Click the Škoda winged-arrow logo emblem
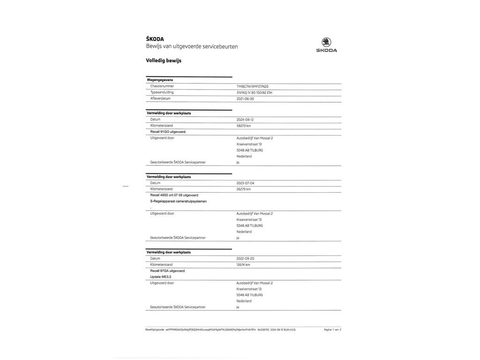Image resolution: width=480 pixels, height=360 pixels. tap(326, 42)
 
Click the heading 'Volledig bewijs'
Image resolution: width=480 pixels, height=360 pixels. tap(164, 60)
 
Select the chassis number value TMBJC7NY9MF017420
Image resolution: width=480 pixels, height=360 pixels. tap(253, 86)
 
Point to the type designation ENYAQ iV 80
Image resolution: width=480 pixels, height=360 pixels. tap(255, 92)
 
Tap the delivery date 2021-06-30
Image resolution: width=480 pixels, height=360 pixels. tap(246, 99)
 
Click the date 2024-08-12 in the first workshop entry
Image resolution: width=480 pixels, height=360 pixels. tap(246, 120)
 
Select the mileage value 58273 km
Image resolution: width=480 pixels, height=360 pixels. tap(244, 126)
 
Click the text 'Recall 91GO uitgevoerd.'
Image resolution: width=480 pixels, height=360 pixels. tap(168, 132)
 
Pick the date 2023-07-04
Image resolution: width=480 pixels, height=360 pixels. tap(246, 183)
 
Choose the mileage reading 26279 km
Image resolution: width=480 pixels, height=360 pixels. tap(244, 189)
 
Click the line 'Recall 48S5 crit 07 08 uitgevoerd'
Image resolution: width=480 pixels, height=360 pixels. tap(174, 195)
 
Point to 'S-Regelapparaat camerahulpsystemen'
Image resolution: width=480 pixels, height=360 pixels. tap(178, 201)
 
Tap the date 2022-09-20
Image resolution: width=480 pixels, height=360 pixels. tap(246, 258)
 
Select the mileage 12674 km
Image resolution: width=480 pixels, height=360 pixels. tap(243, 264)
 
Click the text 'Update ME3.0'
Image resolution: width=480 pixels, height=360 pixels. tap(161, 277)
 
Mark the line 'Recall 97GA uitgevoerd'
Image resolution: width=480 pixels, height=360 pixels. tap(167, 270)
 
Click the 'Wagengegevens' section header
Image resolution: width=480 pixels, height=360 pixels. tap(160, 80)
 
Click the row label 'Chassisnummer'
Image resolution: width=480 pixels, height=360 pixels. tap(162, 86)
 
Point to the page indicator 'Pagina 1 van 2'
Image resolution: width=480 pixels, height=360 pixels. tap(332, 330)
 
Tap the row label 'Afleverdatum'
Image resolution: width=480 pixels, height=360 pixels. tap(160, 99)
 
